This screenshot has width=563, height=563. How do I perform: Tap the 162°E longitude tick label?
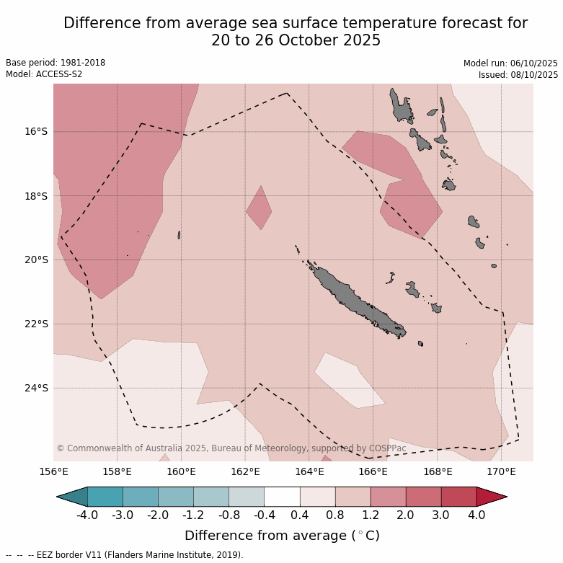click(245, 472)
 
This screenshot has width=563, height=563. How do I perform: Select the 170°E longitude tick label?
click(501, 472)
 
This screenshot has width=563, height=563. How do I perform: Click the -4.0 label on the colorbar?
click(88, 515)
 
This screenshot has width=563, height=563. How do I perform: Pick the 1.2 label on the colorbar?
click(371, 515)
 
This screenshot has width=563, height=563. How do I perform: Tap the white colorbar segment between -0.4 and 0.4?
click(282, 497)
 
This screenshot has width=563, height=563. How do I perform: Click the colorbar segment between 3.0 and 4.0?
click(458, 497)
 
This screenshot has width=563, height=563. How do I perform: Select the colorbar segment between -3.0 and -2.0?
click(141, 497)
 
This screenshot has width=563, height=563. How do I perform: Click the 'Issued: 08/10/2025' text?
click(518, 74)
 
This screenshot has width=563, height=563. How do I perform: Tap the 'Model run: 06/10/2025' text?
click(510, 63)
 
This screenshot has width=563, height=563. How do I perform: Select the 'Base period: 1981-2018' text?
click(56, 63)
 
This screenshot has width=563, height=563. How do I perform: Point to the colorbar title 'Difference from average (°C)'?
click(282, 536)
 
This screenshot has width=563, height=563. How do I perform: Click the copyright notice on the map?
click(231, 448)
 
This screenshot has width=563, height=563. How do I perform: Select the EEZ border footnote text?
click(125, 555)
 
